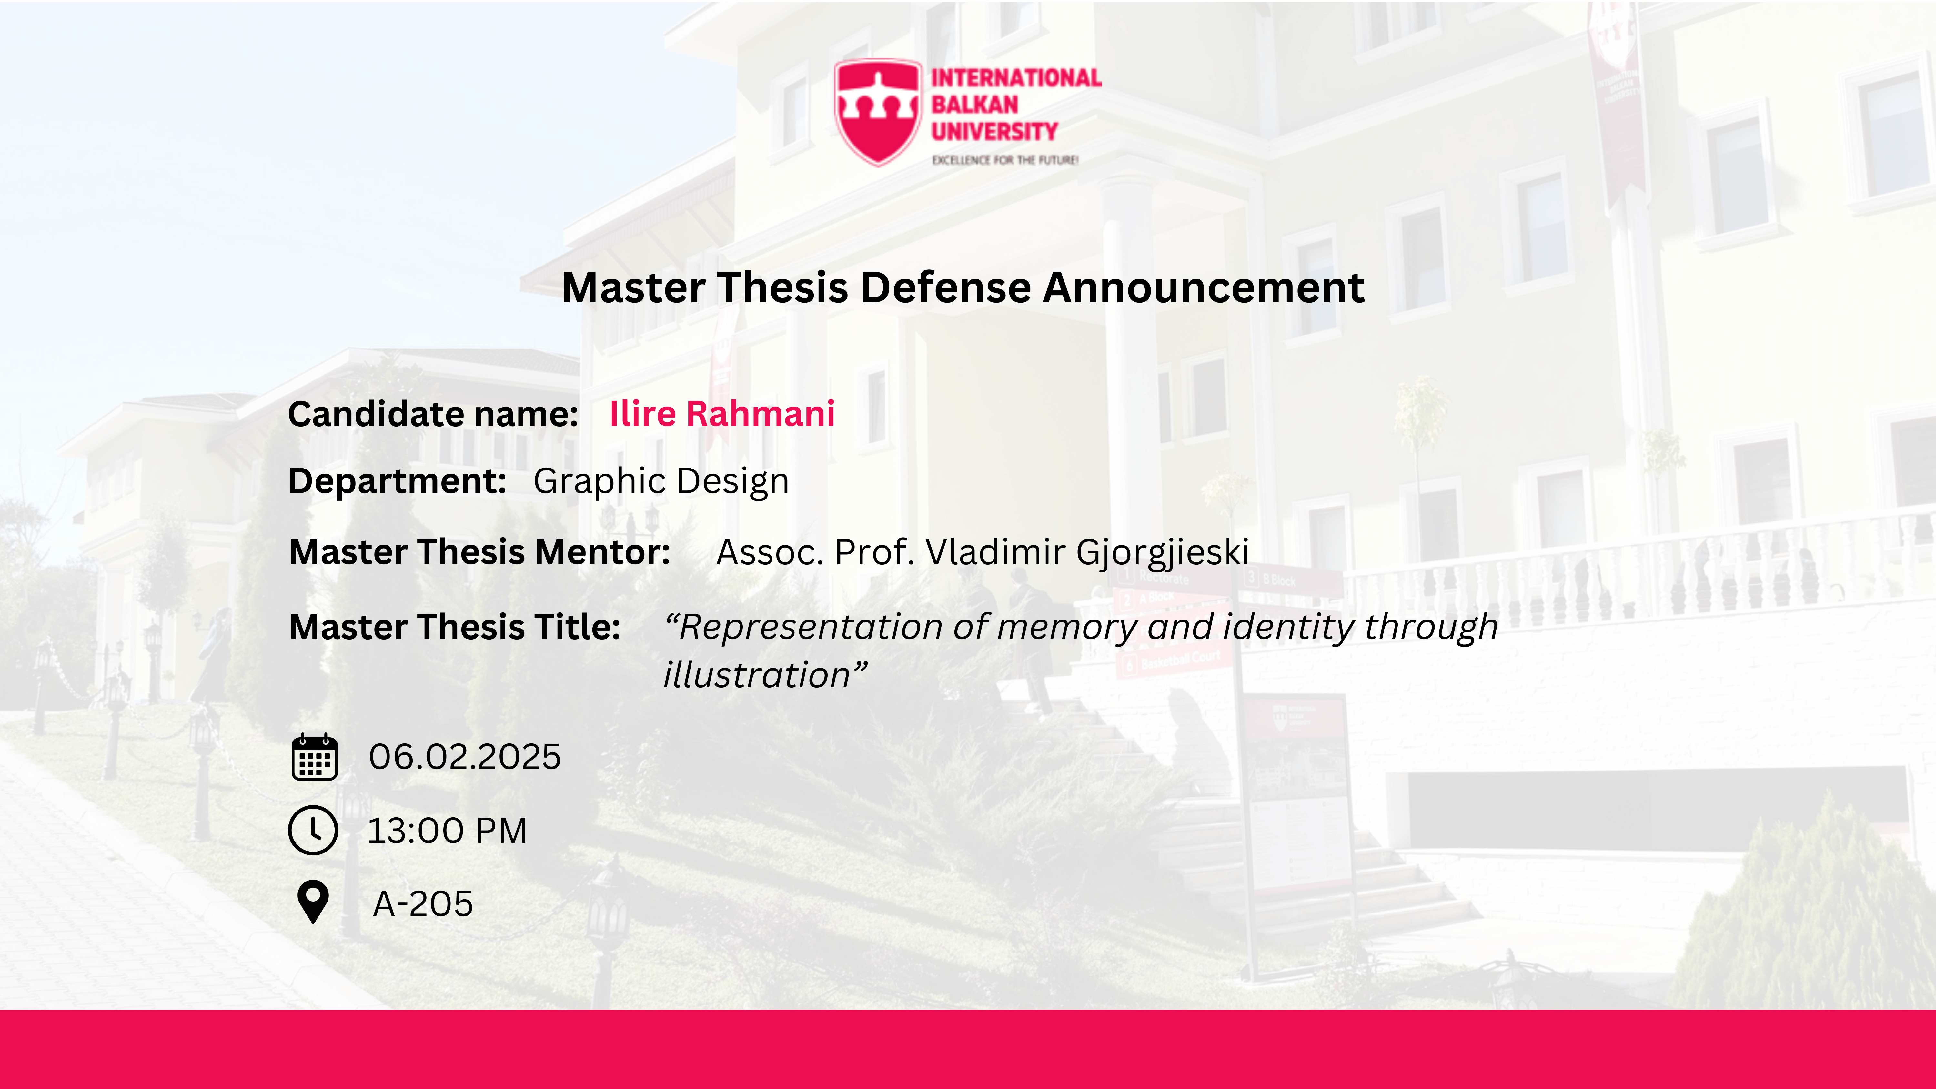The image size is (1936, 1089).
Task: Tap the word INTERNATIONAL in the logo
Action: pos(1016,77)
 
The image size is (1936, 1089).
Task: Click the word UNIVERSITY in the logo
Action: pos(994,132)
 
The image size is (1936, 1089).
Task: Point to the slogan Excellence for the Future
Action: pos(1005,160)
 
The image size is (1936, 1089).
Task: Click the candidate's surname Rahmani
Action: pos(761,413)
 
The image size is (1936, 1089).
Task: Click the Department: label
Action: pos(398,481)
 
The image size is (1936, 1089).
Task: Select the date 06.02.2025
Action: pos(464,757)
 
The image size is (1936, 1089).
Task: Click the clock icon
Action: pos(313,831)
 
